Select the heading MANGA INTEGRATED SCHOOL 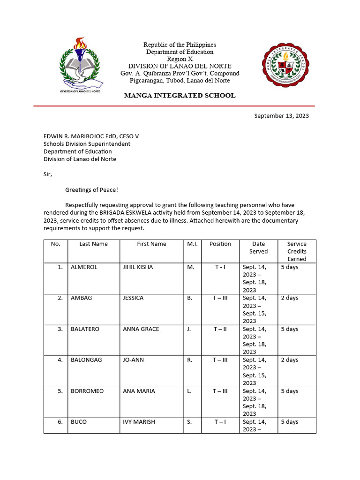180,96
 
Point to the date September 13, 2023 281,116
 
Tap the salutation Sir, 48,174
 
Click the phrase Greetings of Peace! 92,190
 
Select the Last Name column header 93,244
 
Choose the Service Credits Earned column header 297,251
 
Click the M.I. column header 192,244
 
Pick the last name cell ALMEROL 84,267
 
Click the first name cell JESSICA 133,298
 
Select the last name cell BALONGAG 86,360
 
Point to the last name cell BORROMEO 87,391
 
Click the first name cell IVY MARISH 139,422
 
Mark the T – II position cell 220,329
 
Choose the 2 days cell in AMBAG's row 289,298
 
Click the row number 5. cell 60,391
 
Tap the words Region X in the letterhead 180,59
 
